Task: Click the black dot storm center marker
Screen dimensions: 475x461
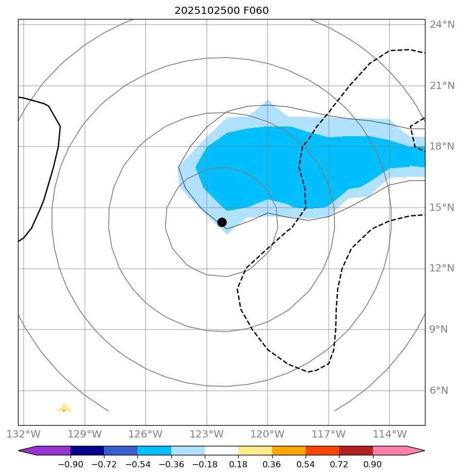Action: [222, 222]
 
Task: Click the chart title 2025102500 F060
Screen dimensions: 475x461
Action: [221, 11]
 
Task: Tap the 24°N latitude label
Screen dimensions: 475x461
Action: [442, 25]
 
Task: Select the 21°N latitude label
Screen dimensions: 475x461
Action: [442, 85]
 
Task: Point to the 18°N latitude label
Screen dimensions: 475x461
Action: [442, 147]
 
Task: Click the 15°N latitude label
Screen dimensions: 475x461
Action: [442, 208]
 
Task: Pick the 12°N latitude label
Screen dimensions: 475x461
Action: [442, 268]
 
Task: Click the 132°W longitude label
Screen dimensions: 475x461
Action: [24, 434]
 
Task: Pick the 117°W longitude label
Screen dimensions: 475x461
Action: [329, 434]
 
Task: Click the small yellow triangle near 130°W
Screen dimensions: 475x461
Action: [64, 408]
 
